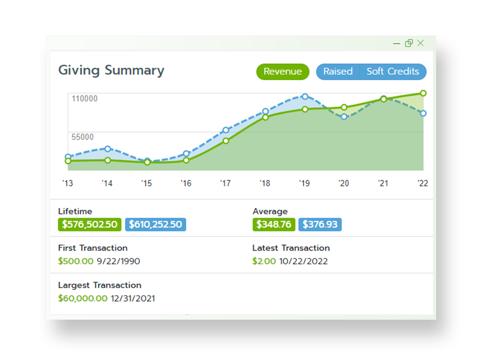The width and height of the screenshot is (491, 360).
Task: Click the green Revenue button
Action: [282, 72]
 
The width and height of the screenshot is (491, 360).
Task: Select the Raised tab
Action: [338, 72]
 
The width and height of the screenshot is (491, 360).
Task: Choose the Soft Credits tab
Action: [393, 72]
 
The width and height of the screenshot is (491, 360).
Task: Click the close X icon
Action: [421, 43]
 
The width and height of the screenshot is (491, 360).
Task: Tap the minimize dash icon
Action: [397, 44]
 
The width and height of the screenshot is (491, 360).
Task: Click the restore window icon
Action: [409, 43]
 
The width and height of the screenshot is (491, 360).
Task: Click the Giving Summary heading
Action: [111, 70]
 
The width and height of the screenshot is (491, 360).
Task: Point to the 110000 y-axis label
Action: [84, 98]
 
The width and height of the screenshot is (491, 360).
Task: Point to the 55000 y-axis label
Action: [82, 137]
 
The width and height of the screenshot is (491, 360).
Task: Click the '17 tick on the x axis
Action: [226, 183]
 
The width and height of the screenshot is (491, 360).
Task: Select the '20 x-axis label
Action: [344, 183]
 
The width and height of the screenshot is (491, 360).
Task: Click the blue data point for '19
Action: [305, 96]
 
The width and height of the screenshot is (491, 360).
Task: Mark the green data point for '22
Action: [423, 93]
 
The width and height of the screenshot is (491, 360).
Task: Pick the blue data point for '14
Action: [108, 149]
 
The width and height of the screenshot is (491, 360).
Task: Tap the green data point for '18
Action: [265, 117]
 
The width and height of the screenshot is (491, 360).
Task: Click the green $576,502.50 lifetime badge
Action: [89, 224]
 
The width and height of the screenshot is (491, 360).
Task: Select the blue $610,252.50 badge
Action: [155, 224]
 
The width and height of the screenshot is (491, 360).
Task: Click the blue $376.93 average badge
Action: [320, 224]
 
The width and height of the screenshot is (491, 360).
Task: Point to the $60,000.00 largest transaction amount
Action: [83, 298]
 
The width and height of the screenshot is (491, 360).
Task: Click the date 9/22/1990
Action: [119, 261]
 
